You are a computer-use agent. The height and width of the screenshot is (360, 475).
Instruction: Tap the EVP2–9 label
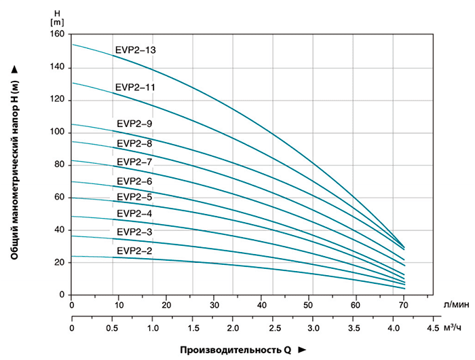click(x=134, y=123)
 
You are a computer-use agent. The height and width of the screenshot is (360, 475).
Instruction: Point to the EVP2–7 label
click(x=134, y=162)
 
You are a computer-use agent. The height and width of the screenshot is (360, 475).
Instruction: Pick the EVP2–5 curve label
click(x=134, y=197)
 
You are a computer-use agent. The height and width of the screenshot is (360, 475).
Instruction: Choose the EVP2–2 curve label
click(x=134, y=251)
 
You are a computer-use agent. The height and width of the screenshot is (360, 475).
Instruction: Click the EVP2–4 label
click(x=134, y=214)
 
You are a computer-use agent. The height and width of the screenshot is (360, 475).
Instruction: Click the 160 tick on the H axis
click(x=57, y=35)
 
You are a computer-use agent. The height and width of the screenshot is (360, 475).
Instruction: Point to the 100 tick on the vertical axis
click(x=57, y=132)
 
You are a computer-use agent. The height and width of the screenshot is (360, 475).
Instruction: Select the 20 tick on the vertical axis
click(x=59, y=262)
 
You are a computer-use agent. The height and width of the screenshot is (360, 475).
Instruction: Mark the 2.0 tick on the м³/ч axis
click(x=233, y=327)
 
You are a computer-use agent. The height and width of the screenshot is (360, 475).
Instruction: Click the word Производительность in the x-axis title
click(x=231, y=350)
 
